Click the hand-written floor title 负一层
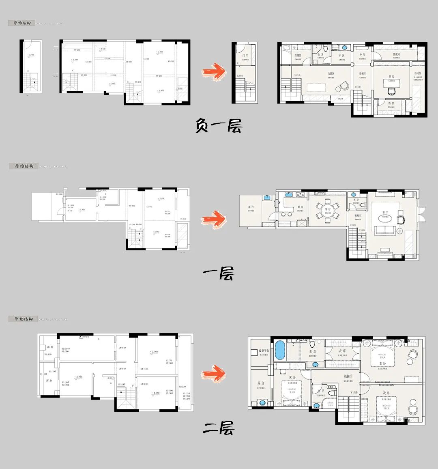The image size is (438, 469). click(219, 126)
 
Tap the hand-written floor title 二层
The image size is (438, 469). click(219, 428)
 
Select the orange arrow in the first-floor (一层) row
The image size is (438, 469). click(214, 219)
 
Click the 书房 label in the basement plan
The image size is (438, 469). click(391, 76)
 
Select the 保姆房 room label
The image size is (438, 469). click(297, 56)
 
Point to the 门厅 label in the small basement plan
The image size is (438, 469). click(245, 55)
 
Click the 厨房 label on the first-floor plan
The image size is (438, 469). click(301, 207)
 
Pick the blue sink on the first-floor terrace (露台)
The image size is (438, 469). click(267, 198)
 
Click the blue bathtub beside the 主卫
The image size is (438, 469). click(279, 350)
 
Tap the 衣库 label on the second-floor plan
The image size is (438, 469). click(342, 351)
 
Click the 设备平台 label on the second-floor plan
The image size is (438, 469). click(264, 350)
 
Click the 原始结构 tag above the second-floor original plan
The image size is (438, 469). click(23, 319)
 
